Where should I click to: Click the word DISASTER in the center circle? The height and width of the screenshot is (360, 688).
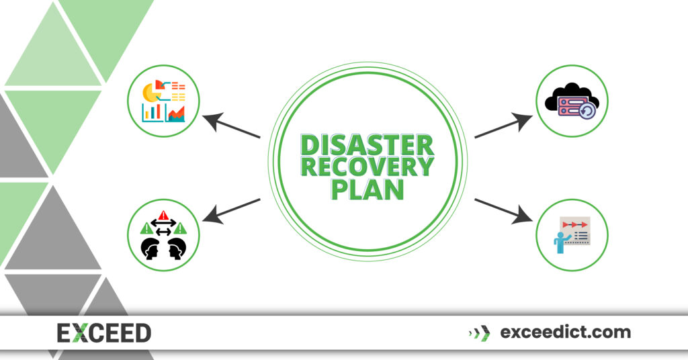[366, 144]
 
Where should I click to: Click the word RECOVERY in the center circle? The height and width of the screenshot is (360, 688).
[366, 166]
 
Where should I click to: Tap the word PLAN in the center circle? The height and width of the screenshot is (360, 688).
[366, 189]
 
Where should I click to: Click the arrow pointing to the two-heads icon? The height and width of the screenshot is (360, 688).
[232, 209]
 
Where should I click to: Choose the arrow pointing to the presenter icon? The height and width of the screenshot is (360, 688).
[501, 209]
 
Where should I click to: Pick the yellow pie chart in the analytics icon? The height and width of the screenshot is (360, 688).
[152, 95]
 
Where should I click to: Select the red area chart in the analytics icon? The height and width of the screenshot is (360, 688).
[177, 114]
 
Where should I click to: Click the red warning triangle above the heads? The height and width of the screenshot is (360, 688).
[163, 216]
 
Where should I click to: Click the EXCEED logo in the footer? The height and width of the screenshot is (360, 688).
[103, 332]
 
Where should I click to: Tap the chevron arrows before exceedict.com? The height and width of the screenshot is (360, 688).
[479, 332]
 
